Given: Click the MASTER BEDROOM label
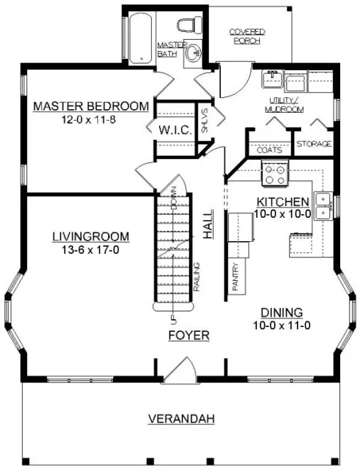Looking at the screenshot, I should tap(92, 106).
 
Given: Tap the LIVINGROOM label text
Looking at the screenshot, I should tap(89, 236).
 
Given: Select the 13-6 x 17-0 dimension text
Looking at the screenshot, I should tap(89, 249).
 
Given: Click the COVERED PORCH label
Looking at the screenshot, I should tap(247, 36).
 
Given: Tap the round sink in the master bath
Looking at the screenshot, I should tap(193, 55).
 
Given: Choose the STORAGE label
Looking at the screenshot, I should tap(314, 145).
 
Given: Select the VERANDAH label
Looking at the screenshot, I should tap(181, 419).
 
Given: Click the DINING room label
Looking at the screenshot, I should tap(282, 312).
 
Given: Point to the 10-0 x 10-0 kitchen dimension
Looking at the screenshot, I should tap(283, 213).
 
